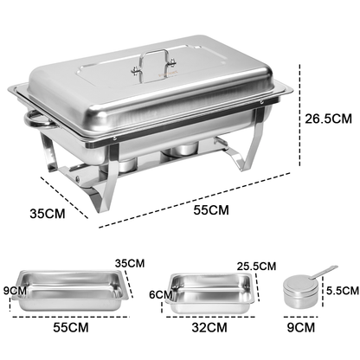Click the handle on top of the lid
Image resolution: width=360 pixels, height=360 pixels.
156,61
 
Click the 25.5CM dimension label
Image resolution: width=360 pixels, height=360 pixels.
257,267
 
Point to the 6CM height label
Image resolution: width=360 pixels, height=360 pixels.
158,295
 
